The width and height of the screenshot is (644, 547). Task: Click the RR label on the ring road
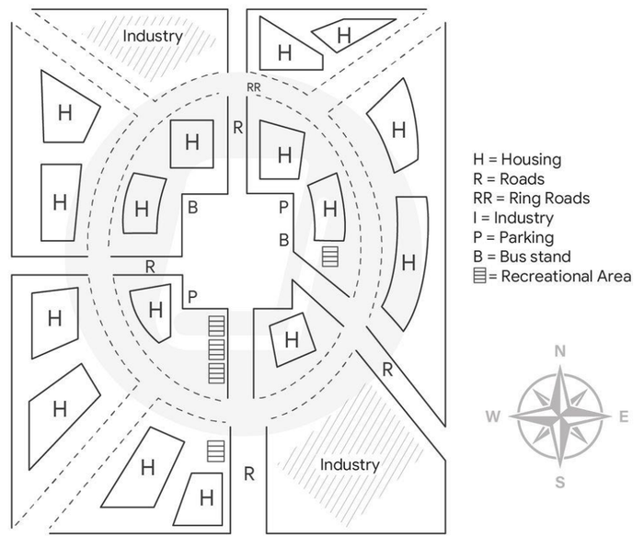253,87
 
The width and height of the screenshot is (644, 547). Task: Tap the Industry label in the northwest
153,36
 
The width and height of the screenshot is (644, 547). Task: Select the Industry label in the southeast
350,465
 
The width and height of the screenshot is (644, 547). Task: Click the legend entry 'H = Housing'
517,160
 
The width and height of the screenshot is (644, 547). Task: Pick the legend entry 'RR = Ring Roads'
532,199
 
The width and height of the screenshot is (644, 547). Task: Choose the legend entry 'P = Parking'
513,237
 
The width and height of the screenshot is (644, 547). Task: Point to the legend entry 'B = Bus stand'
522,256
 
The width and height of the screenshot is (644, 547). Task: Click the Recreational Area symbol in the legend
479,276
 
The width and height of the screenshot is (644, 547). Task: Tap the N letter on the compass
559,351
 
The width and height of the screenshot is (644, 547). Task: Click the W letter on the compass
493,416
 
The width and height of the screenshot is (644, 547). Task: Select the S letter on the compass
560,482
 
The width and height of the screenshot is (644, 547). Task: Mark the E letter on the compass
624,417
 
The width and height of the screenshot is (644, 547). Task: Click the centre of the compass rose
560,416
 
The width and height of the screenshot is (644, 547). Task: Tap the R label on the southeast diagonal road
387,370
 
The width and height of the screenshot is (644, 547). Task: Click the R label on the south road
249,474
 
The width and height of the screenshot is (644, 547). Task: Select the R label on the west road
150,268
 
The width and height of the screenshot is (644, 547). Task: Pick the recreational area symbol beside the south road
215,451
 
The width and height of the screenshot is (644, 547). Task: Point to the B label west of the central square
192,208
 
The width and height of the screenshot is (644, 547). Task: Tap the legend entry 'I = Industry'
513,218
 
